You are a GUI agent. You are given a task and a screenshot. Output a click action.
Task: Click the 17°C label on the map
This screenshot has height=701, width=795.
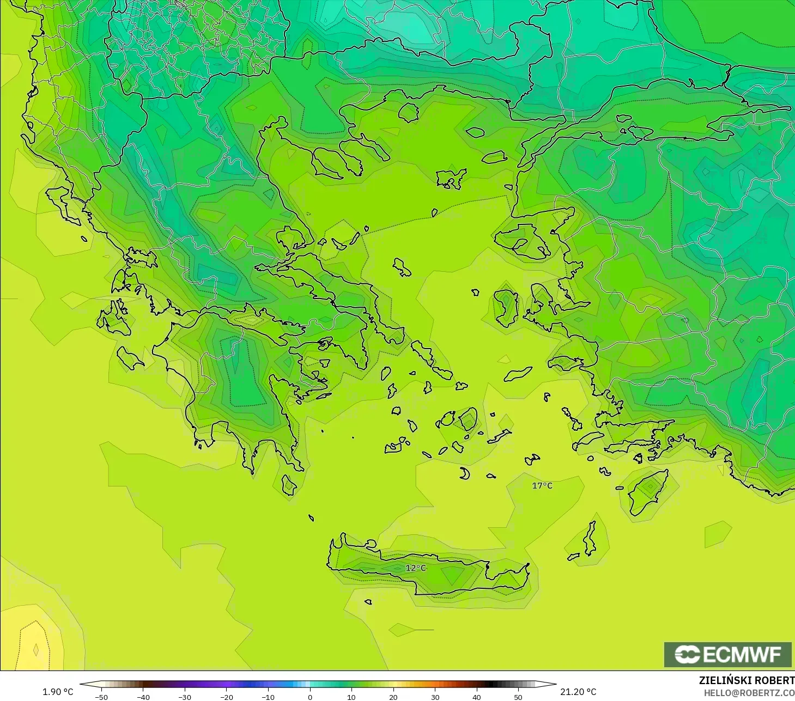(x=542, y=485)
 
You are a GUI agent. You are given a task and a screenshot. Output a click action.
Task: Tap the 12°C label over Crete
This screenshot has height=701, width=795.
(x=416, y=568)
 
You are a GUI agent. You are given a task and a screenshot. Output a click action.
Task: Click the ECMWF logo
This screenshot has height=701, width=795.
(x=727, y=654)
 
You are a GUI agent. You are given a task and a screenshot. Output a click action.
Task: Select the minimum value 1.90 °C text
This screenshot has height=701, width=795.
(x=58, y=692)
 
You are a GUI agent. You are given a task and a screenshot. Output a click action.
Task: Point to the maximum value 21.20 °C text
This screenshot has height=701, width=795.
(x=578, y=692)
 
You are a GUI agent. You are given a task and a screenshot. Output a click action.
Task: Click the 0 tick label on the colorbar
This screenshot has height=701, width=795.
(x=310, y=697)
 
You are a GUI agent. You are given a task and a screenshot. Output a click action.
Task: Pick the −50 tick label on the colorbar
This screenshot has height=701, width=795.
(x=101, y=697)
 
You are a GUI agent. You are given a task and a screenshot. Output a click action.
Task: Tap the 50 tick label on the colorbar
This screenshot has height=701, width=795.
(x=518, y=697)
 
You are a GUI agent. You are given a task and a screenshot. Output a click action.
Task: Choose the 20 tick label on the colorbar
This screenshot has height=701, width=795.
(x=393, y=697)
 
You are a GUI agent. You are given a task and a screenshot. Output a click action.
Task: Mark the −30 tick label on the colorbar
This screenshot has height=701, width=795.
(x=185, y=697)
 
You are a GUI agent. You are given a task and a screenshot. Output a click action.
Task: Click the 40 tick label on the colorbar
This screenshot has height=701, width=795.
(x=477, y=697)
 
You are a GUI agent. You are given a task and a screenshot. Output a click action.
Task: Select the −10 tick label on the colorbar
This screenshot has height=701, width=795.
(x=268, y=697)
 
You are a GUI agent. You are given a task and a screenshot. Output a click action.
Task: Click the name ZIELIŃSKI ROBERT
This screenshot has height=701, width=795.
(x=747, y=680)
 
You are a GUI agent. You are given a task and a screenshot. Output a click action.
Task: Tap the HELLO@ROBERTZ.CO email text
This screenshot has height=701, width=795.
(x=749, y=693)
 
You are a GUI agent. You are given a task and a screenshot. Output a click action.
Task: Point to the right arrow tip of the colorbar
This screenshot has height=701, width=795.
(x=555, y=684)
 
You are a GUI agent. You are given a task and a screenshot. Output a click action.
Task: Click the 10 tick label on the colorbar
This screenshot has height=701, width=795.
(x=351, y=697)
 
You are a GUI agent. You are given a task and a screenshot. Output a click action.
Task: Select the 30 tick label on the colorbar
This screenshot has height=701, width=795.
(x=435, y=697)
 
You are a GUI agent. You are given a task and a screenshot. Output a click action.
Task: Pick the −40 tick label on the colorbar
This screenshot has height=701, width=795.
(x=143, y=697)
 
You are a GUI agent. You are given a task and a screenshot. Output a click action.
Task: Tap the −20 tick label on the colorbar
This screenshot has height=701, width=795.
(x=226, y=697)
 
